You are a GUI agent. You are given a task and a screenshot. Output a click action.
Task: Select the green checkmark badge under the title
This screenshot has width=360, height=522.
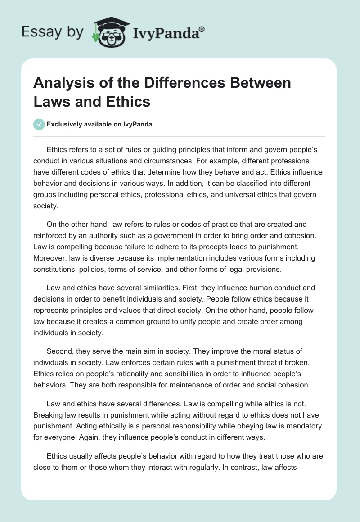[39, 124]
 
